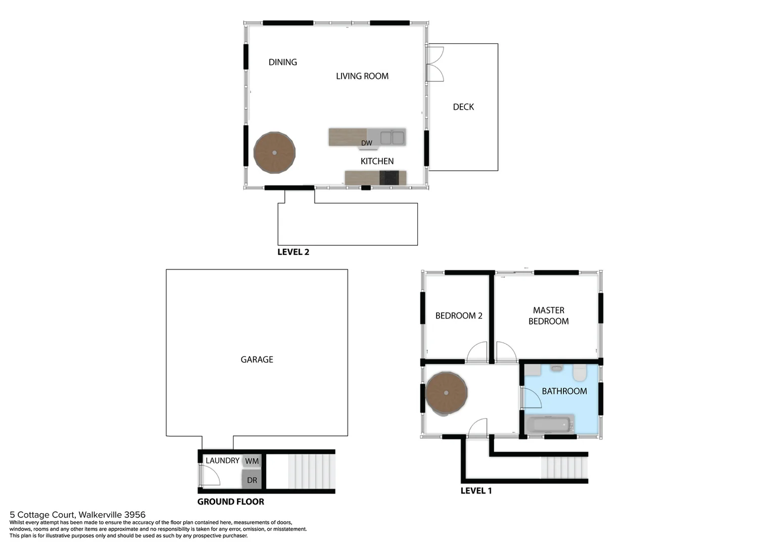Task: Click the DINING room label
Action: point(282,62)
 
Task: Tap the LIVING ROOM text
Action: point(362,76)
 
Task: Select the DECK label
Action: point(463,107)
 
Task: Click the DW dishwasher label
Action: point(366,144)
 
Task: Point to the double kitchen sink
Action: point(392,138)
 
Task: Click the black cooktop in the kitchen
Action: point(389,178)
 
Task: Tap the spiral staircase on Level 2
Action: point(274,153)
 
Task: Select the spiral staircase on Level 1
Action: point(446,393)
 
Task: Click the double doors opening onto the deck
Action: point(435,64)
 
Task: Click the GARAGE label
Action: point(257,359)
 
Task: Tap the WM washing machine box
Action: point(252,461)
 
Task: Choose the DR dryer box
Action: point(252,480)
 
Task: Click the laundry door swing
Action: point(209,475)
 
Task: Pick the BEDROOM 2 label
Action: point(458,316)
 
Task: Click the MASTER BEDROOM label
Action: point(548,316)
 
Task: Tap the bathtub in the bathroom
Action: point(549,425)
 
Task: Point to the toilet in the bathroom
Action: point(580,374)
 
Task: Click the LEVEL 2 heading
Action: point(293,252)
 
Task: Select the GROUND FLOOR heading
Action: point(230,502)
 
